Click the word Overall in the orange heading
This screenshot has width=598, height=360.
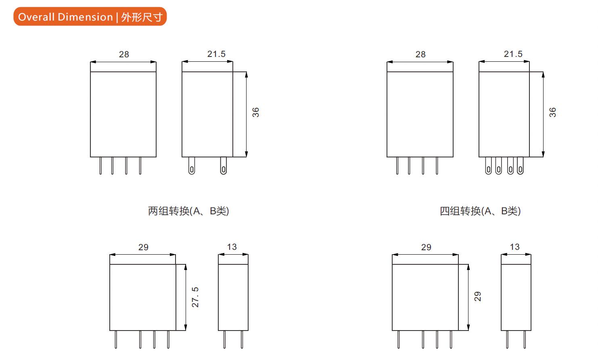pos(37,17)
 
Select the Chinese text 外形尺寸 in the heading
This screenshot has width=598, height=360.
pos(142,17)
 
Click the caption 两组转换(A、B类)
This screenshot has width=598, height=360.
pos(188,211)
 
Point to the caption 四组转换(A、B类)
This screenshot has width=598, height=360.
pos(480,211)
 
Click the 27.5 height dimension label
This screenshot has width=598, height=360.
pos(195,297)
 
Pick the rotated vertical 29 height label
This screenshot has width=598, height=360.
pos(478,297)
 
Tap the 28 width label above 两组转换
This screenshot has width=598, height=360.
pos(124,54)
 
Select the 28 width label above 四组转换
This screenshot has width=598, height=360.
pos(420,54)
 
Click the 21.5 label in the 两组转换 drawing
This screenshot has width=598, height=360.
pos(216,54)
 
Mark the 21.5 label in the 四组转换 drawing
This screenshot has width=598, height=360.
pos(513,54)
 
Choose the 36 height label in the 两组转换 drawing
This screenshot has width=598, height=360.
pos(256,112)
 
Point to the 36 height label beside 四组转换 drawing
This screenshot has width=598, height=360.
pos(553,112)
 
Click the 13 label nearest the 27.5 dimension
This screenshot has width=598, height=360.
pos(232,247)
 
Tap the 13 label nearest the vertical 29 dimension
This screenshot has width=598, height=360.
pos(514,247)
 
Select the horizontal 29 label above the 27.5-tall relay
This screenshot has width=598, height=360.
pos(143,247)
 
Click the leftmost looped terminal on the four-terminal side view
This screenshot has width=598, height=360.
pos(488,166)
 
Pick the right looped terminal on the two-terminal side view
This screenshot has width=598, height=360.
pos(223,166)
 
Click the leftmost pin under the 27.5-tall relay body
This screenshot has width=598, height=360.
pos(116,339)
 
